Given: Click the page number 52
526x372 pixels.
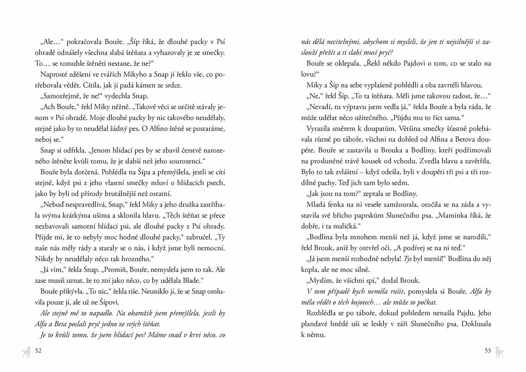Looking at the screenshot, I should (x=39, y=351).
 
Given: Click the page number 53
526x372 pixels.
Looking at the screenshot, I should (x=487, y=351).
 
